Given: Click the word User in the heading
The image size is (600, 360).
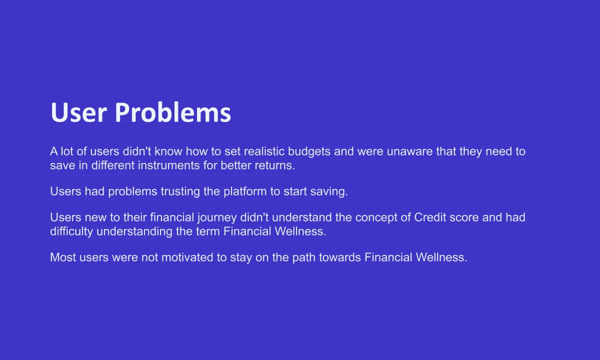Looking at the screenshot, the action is [79, 112].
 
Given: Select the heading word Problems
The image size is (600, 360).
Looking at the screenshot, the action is [173, 112].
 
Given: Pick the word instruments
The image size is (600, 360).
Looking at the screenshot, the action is [169, 165].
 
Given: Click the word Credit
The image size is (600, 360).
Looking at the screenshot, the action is [430, 217].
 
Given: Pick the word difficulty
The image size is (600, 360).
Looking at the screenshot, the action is [71, 231].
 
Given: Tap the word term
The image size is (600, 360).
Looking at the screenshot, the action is [208, 231].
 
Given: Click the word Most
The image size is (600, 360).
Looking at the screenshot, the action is [63, 257].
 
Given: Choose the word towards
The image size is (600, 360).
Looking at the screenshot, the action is [340, 257].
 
